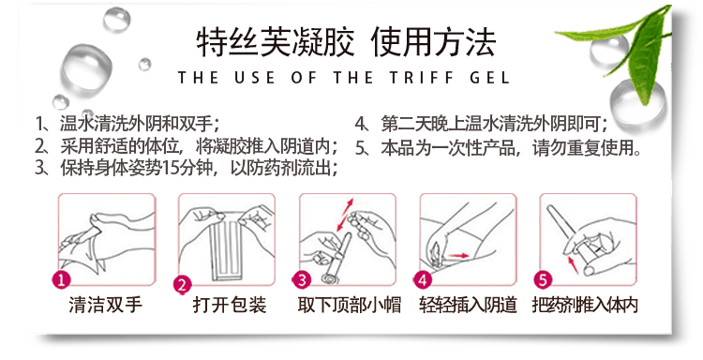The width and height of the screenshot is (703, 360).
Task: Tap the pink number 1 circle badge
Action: [x=62, y=280]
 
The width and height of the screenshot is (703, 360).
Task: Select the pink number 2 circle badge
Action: [x=183, y=285]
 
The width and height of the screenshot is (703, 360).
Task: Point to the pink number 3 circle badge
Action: [x=302, y=280]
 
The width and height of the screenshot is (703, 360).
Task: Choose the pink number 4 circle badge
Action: [x=423, y=280]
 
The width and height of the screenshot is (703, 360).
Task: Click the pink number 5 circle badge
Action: [x=543, y=280]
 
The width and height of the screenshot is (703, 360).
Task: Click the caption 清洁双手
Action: [x=106, y=306]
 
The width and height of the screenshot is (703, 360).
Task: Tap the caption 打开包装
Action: [x=230, y=306]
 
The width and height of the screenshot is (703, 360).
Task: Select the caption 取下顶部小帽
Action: [x=350, y=306]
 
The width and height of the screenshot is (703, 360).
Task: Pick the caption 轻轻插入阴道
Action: [x=468, y=306]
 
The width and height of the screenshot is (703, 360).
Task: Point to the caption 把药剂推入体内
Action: [x=585, y=306]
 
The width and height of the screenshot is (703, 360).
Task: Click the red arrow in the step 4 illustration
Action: [x=458, y=256]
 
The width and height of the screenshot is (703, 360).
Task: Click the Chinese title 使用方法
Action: [x=434, y=42]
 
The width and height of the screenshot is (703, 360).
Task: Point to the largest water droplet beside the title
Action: [x=86, y=68]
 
